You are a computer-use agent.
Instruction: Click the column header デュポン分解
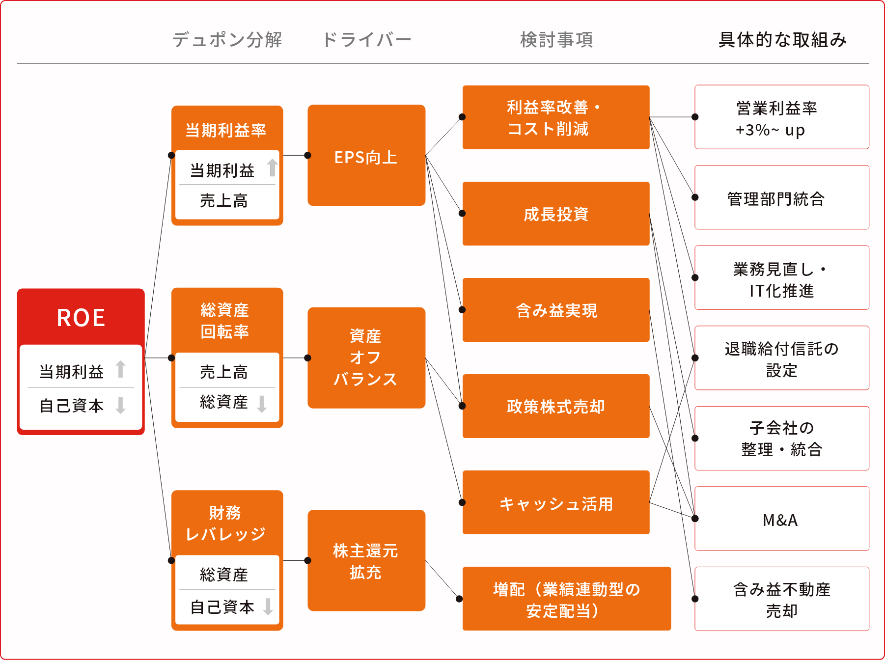pos(227,40)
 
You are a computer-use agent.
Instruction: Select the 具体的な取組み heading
pos(782,40)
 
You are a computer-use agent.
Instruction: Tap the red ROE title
pos(81,318)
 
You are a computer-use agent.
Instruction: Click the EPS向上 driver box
pos(366,155)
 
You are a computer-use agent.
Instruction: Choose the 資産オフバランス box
pos(366,357)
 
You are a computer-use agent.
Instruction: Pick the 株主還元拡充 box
pos(366,560)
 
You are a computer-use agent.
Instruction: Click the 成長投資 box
pos(556,214)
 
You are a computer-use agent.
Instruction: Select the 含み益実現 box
pos(556,310)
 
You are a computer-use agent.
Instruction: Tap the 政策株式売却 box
pos(556,406)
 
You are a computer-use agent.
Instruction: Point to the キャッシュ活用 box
pos(556,502)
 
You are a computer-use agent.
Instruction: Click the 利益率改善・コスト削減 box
pos(556,117)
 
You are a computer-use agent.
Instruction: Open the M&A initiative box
pos(782,519)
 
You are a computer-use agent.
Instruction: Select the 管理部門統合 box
pos(782,197)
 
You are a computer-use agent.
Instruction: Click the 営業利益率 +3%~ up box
pos(782,117)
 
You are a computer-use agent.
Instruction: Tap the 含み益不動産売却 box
pos(782,599)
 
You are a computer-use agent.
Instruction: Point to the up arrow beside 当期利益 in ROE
pos(120,369)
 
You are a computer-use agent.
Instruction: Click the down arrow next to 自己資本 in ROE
pos(120,405)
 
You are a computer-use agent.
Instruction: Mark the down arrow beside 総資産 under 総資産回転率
pos(262,404)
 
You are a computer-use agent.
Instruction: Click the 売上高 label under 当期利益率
pos(224,201)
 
